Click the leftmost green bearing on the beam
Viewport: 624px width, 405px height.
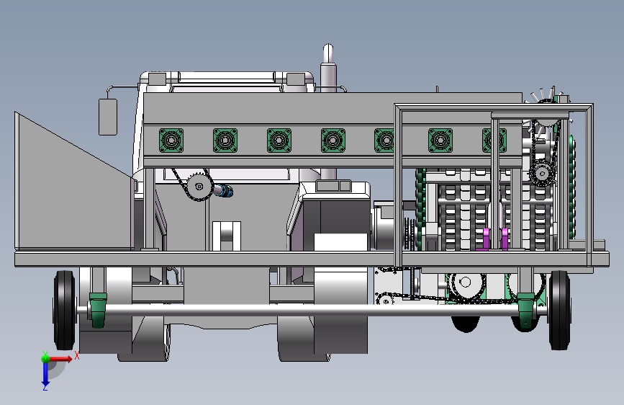coord(171,141)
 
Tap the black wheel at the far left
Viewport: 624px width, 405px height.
coord(64,310)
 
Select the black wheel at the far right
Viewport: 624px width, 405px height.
coord(559,310)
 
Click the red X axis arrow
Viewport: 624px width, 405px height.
coord(60,359)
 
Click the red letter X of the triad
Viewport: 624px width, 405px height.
coord(77,355)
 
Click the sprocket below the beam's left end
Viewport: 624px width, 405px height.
coord(199,186)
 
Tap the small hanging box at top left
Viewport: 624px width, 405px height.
coord(108,117)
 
